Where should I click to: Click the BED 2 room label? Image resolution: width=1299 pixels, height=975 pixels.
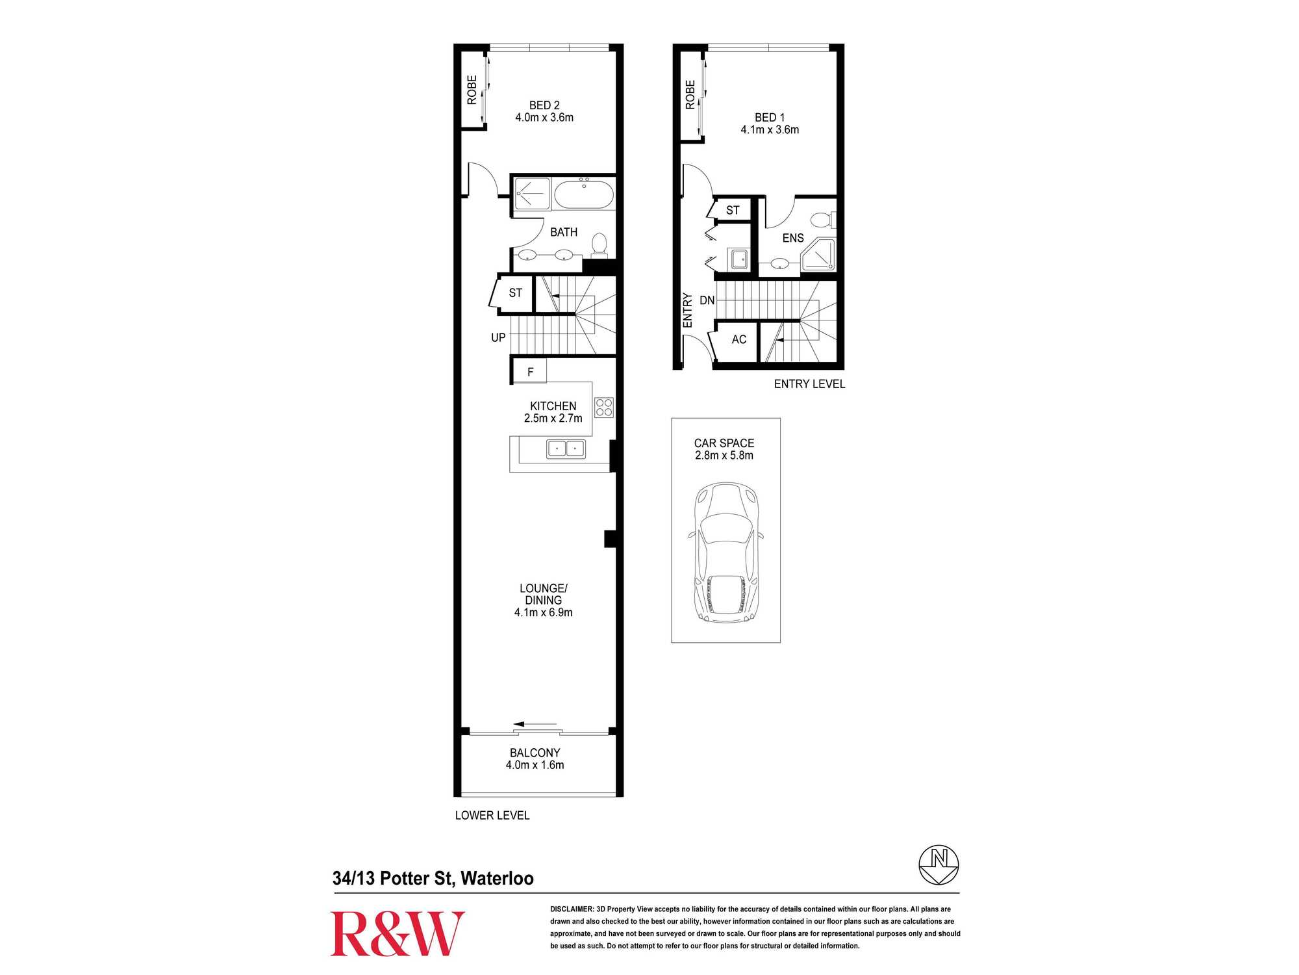tap(544, 105)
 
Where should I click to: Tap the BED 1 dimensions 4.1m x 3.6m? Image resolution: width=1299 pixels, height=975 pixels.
tap(770, 129)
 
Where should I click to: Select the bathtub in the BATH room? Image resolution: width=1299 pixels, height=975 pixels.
tap(583, 194)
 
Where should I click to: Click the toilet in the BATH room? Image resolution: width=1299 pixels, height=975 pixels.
tap(599, 244)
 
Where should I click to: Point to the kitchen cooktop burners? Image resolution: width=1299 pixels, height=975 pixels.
tap(604, 407)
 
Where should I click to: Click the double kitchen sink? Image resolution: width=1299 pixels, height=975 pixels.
tap(566, 448)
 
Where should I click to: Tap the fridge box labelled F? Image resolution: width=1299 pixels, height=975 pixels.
tap(529, 372)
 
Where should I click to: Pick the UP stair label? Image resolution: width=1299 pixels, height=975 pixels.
tap(498, 337)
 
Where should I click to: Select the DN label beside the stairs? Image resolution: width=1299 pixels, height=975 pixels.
tap(707, 300)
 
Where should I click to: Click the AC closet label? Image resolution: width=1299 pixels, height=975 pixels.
tap(739, 339)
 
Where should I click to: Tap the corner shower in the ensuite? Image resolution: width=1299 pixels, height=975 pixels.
tap(818, 255)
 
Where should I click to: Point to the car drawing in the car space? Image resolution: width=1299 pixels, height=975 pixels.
tap(725, 552)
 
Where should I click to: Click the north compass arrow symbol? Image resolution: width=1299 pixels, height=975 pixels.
tap(939, 864)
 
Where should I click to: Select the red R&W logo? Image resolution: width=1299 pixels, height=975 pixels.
tap(397, 933)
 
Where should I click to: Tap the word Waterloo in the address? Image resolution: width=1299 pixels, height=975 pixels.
tap(498, 878)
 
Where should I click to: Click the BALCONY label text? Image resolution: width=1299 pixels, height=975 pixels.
tap(535, 753)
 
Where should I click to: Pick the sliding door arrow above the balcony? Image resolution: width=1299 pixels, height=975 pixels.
tap(535, 724)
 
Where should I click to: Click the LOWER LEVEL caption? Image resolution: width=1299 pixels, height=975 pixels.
tap(492, 815)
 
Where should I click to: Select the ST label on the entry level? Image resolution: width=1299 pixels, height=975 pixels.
tap(733, 210)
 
